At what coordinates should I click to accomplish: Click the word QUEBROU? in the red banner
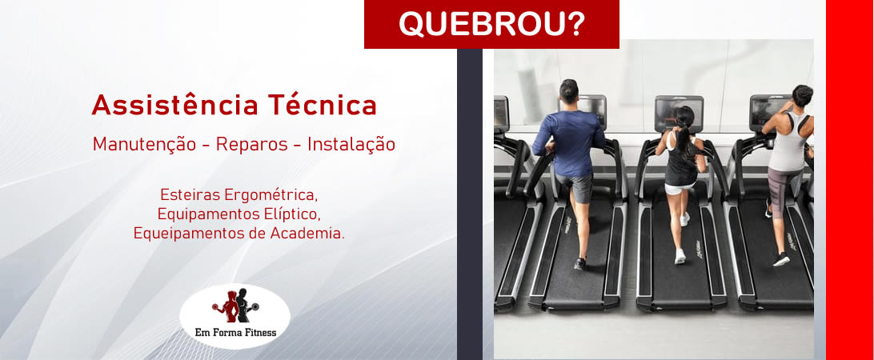[x=491, y=24]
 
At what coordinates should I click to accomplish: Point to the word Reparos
[x=252, y=145]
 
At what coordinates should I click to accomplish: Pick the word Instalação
[x=351, y=145]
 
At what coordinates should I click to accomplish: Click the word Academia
[x=308, y=234]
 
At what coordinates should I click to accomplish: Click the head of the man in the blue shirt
[x=568, y=91]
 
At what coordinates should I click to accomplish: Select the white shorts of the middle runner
[x=679, y=188]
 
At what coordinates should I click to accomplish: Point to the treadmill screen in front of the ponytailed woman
[x=679, y=110]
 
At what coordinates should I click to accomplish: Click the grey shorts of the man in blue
[x=577, y=187]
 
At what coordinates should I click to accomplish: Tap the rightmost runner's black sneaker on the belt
[x=781, y=259]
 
